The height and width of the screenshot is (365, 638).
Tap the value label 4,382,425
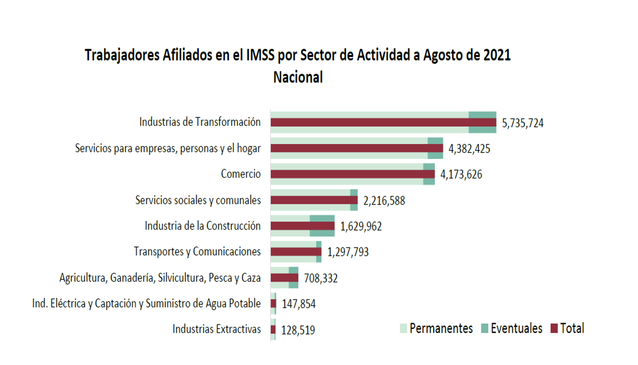pos(469,149)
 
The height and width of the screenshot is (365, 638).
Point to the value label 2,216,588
pos(384,201)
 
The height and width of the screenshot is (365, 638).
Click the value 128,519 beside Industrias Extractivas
pos(298,330)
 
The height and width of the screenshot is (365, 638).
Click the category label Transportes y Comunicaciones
pos(197,252)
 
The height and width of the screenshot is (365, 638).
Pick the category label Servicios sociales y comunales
pos(198,200)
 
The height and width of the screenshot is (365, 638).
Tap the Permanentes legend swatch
pos(404,328)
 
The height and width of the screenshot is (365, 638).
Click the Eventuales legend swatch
pos(485,328)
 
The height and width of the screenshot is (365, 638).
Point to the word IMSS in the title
pos(260,55)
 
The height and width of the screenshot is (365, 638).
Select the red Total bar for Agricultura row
pos(284,277)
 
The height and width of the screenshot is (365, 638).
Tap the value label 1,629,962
pos(361,226)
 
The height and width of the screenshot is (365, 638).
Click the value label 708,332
pos(321,278)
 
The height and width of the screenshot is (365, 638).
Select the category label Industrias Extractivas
pos(216,329)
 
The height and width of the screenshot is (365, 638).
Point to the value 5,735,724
pos(523,123)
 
